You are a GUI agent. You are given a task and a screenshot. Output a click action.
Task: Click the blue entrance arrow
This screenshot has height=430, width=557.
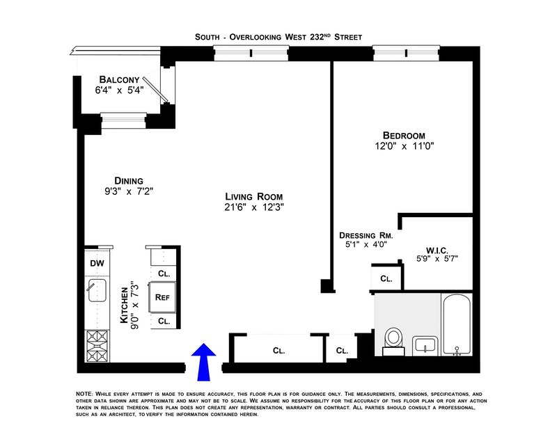(204, 361)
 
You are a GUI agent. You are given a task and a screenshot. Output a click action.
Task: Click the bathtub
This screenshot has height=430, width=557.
(457, 326)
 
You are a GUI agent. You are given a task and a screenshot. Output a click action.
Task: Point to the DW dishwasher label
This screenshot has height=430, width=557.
(97, 264)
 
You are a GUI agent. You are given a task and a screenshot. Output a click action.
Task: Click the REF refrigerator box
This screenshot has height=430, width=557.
(163, 297)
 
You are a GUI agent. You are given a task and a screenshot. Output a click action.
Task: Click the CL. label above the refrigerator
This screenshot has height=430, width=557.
(164, 273)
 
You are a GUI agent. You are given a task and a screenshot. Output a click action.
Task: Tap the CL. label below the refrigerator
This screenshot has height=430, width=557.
(164, 321)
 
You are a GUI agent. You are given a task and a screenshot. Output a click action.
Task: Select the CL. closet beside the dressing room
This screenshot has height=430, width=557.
(386, 278)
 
